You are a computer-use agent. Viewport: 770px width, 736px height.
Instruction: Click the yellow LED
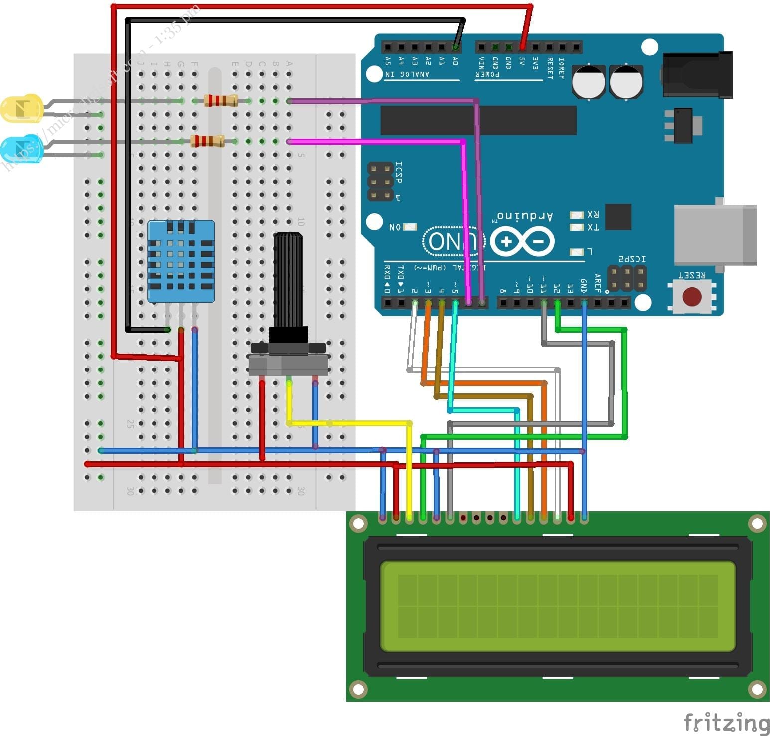click(x=21, y=108)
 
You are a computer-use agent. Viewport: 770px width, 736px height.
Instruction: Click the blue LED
click(x=21, y=148)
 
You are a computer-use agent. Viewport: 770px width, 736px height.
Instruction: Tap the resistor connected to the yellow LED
click(x=221, y=101)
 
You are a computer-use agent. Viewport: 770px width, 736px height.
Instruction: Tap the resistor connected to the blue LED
click(x=207, y=141)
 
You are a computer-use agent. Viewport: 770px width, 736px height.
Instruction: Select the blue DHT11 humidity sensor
click(x=181, y=262)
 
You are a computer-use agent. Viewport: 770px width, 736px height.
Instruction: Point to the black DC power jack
click(x=698, y=75)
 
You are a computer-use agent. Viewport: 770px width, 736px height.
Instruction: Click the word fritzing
click(x=726, y=722)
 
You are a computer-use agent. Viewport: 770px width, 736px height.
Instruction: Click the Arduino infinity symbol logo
click(x=522, y=242)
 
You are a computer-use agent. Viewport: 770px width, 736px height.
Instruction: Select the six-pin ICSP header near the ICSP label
click(x=380, y=182)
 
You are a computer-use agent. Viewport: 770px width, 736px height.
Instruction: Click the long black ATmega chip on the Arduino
click(x=478, y=120)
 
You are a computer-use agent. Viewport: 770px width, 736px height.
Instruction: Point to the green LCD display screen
click(x=557, y=606)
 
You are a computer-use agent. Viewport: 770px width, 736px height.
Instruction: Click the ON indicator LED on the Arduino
click(x=410, y=227)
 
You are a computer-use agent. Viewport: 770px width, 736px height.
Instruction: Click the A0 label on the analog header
click(x=455, y=61)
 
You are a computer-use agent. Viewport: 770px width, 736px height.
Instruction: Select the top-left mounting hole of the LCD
click(x=358, y=523)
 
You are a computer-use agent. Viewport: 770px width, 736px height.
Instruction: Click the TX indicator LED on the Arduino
click(x=577, y=227)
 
